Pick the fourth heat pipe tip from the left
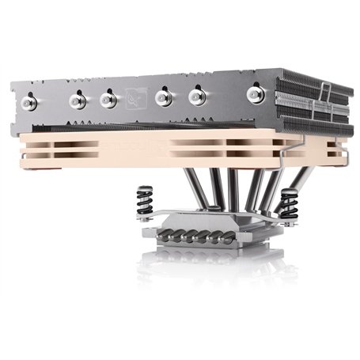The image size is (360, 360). (x=164, y=97)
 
